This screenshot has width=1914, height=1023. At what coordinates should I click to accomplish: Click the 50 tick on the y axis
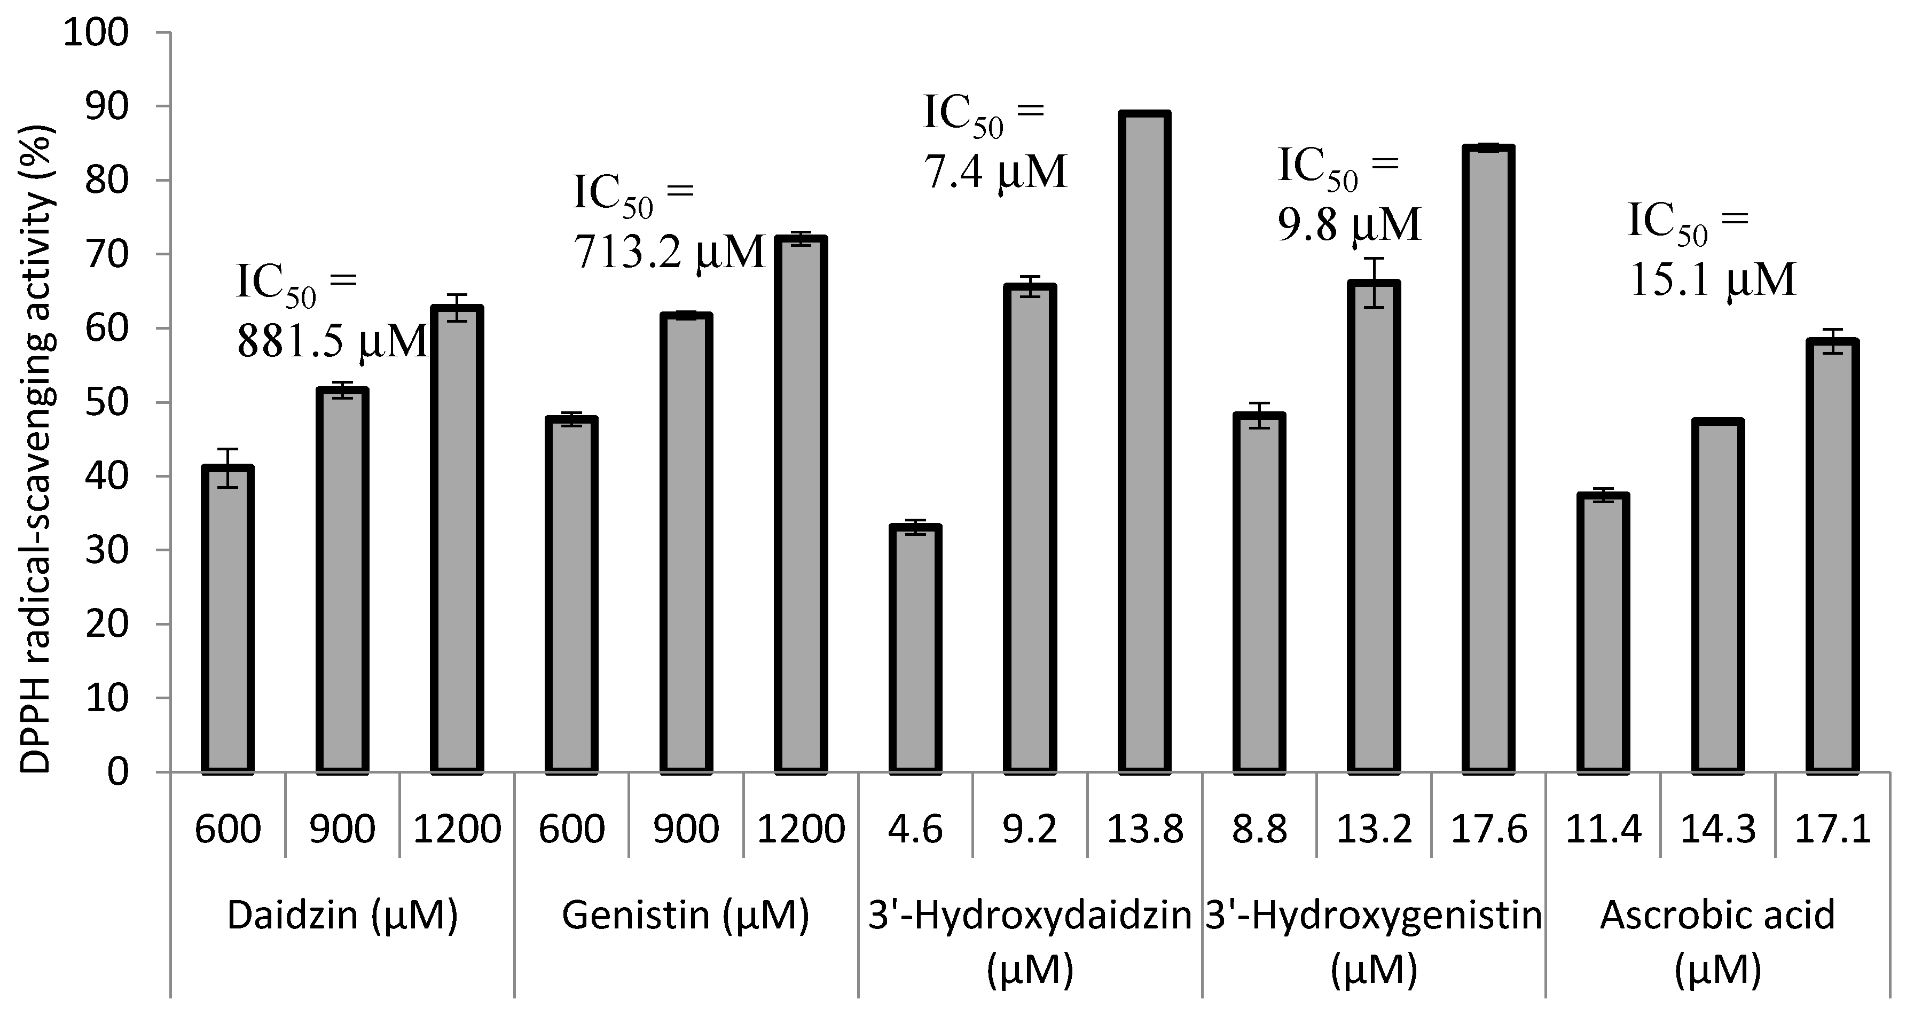106,403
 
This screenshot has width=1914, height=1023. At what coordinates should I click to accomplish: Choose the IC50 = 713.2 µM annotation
667,223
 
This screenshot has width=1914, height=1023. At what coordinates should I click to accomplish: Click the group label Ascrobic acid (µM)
1717,941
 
